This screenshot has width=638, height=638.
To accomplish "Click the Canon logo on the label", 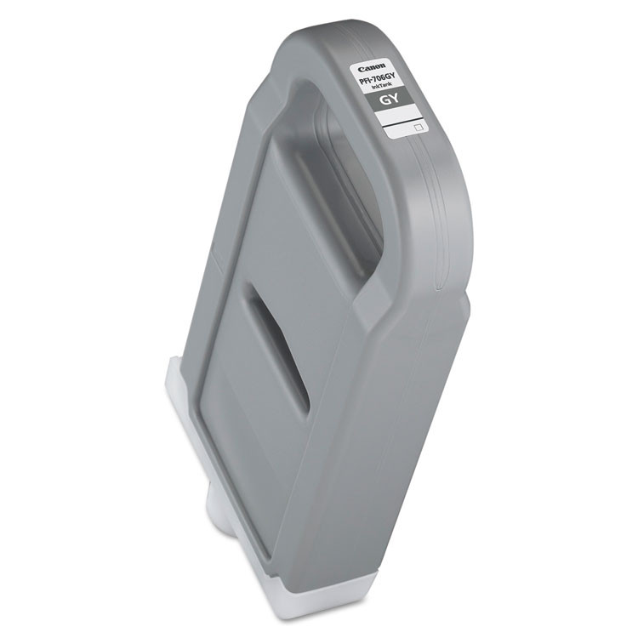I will pos(372,66).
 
